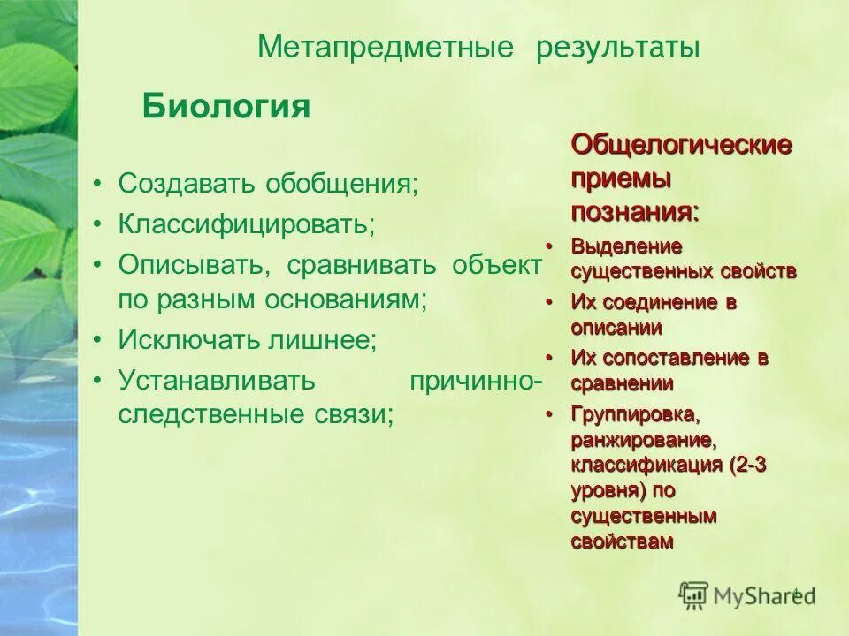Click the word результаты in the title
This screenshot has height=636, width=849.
[618, 48]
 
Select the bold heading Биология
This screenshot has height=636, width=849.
[226, 108]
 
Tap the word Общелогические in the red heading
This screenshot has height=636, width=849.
[681, 144]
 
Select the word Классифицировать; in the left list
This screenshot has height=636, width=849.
[247, 223]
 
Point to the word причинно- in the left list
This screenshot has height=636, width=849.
[477, 380]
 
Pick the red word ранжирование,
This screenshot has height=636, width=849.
[642, 439]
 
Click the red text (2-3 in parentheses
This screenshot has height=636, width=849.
[748, 465]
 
